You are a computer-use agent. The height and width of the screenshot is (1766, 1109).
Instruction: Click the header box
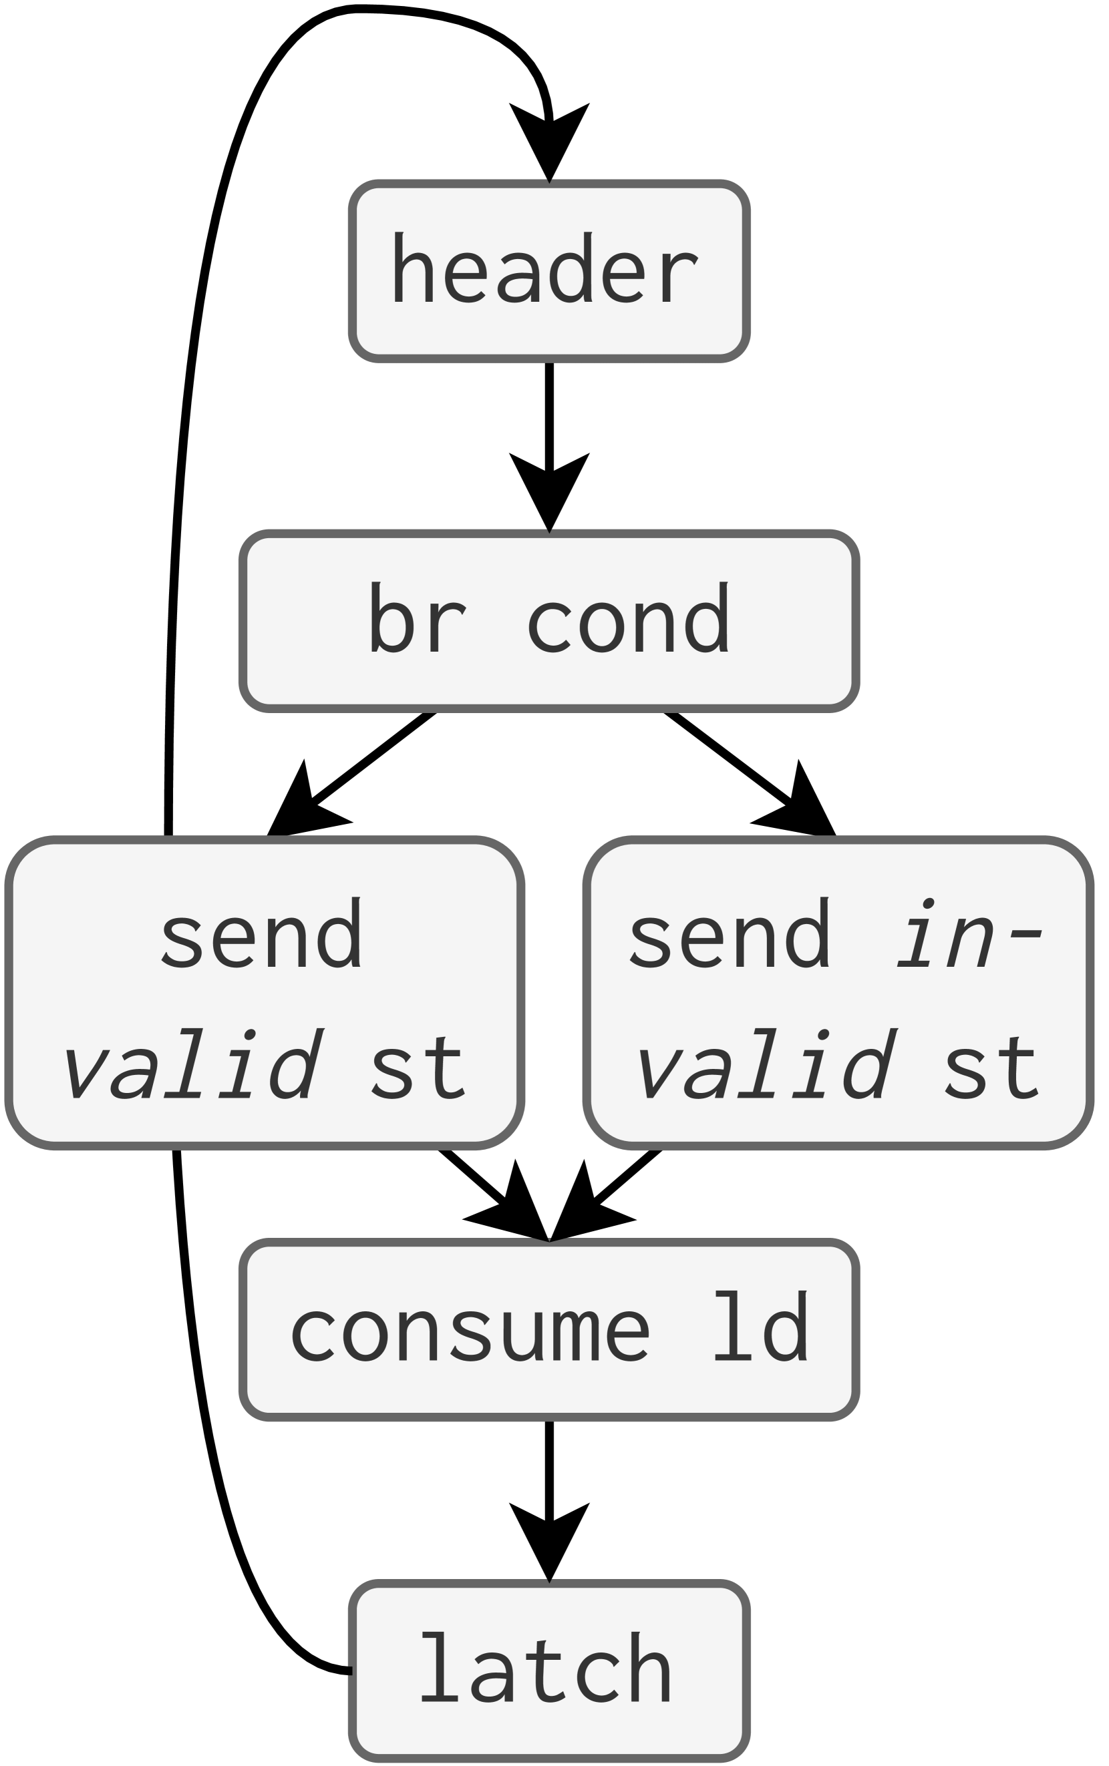pos(548,270)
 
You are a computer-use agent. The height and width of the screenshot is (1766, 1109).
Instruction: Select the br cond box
pos(548,620)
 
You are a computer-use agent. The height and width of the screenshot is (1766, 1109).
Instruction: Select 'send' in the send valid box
pos(262,934)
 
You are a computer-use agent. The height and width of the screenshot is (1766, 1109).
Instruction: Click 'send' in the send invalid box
pos(730,934)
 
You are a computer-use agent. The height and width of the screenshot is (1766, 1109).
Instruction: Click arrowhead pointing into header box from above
pos(548,140)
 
